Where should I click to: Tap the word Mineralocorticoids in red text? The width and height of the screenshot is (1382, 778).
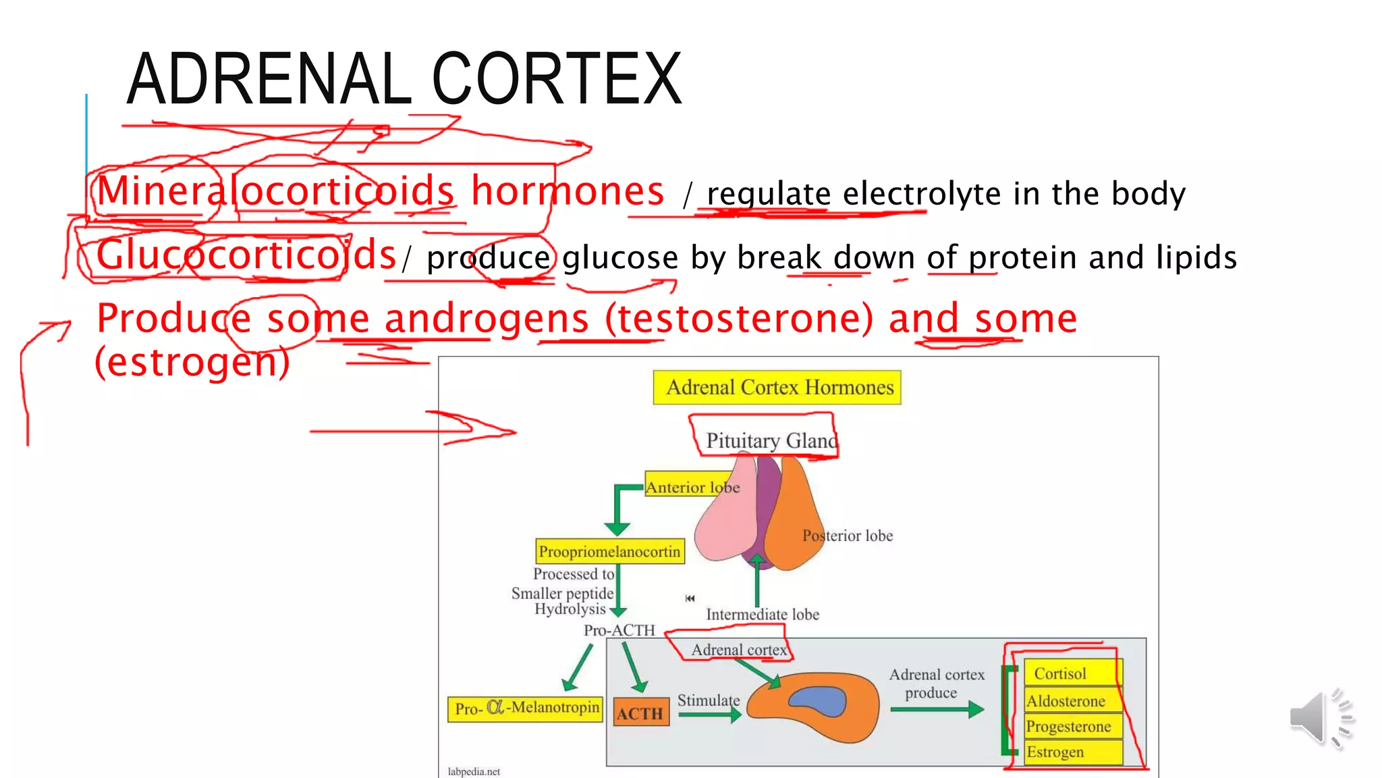(x=275, y=191)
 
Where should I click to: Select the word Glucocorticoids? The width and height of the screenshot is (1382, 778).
(x=246, y=255)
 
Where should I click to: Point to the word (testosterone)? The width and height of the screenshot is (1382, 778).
(x=738, y=318)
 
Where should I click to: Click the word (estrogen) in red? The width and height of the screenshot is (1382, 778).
(x=192, y=362)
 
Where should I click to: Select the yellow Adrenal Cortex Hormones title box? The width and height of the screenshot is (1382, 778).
(x=777, y=388)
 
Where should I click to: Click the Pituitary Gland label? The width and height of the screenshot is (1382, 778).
(x=771, y=441)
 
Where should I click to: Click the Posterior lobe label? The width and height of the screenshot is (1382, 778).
(x=847, y=536)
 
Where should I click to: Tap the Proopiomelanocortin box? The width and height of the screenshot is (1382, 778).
(x=609, y=552)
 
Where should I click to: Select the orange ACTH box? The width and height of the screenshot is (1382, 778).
(x=640, y=713)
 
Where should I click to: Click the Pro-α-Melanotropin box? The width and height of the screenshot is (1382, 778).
(x=525, y=708)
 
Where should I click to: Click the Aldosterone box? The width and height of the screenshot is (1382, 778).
(x=1071, y=701)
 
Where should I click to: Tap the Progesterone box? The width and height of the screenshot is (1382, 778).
(x=1071, y=727)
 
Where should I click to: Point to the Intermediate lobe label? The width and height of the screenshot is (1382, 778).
(x=763, y=615)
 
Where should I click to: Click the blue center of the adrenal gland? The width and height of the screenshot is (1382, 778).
(x=819, y=701)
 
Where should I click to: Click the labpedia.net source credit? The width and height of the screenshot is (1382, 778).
(x=474, y=771)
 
